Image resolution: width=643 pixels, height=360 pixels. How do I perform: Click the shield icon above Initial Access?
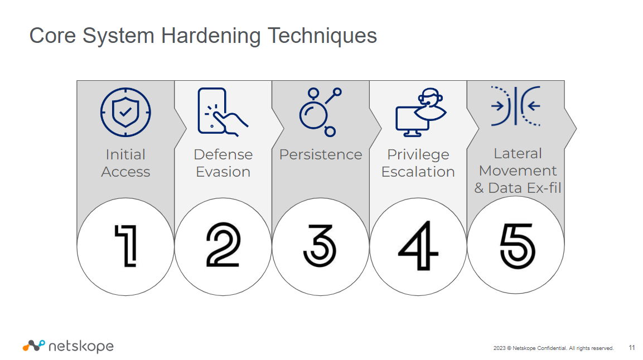click(x=125, y=112)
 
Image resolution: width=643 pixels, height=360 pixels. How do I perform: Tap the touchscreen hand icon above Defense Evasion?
click(x=223, y=112)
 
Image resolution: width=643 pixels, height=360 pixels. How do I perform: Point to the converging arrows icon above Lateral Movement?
click(x=516, y=106)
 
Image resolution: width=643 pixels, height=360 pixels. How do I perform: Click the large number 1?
click(x=126, y=246)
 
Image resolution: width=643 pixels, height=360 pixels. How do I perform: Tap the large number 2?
click(x=223, y=245)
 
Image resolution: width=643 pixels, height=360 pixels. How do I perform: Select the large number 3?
click(x=320, y=245)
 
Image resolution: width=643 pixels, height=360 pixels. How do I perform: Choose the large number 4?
click(x=418, y=246)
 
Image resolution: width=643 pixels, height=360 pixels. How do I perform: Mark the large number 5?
click(x=518, y=246)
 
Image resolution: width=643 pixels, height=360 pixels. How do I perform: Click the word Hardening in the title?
click(x=210, y=36)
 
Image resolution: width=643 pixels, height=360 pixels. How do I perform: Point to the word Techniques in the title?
click(x=322, y=36)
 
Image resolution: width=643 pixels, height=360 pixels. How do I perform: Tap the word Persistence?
click(x=321, y=154)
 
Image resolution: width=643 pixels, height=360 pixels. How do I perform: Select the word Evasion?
click(x=223, y=172)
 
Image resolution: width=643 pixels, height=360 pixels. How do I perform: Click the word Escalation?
click(x=418, y=172)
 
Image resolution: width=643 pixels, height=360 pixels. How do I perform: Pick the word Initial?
click(x=125, y=154)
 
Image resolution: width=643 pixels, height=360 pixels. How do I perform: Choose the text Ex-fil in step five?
click(x=544, y=188)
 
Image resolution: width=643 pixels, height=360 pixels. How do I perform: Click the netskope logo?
click(x=68, y=346)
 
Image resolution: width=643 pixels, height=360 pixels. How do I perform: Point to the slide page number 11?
click(x=631, y=348)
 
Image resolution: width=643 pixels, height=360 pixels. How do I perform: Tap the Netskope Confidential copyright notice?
click(x=554, y=348)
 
